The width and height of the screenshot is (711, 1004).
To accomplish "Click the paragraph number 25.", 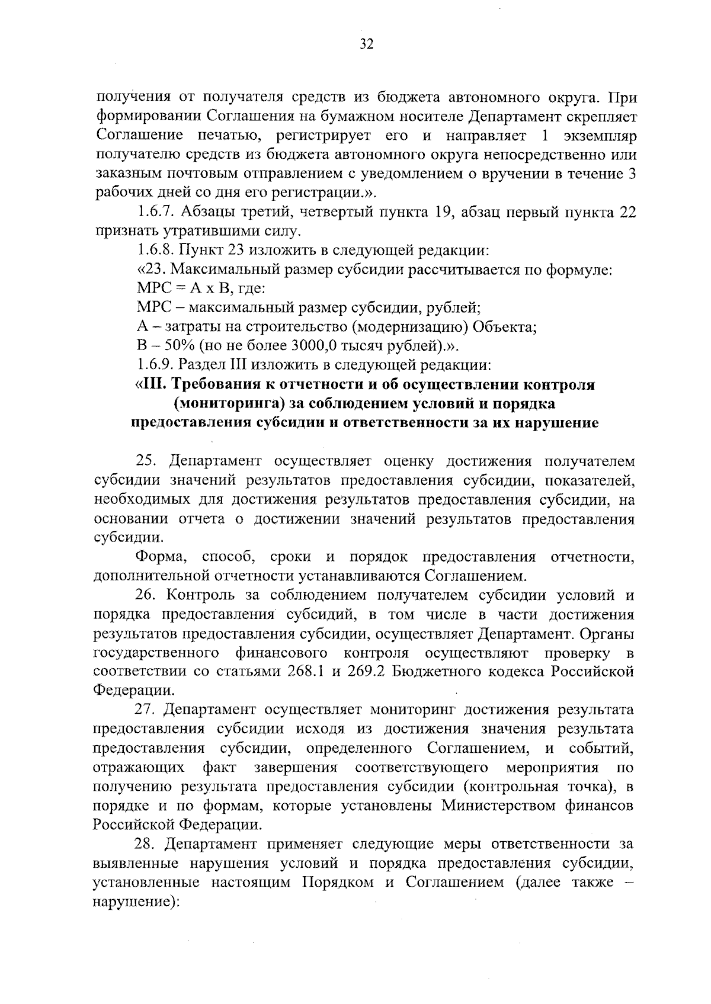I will tap(146, 461).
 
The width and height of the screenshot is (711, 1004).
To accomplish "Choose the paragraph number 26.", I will tap(146, 595).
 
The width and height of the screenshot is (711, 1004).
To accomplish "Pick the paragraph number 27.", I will tap(146, 709).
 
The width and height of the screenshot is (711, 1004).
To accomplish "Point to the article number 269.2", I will tap(365, 672).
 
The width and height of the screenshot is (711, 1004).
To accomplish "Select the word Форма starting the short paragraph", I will tap(162, 557).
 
